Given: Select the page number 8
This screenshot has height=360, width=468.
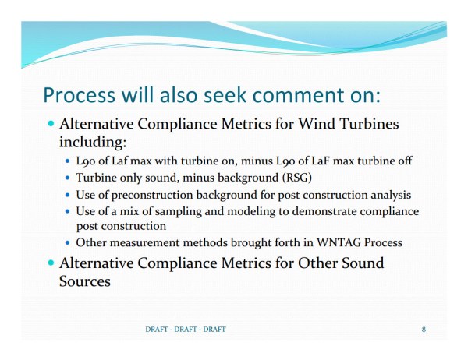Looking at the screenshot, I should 424,330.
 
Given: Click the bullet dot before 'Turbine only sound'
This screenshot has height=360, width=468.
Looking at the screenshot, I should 68,178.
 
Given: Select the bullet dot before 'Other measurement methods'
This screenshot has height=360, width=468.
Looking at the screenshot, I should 68,243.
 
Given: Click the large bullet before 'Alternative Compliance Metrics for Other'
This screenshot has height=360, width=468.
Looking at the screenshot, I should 51,263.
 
